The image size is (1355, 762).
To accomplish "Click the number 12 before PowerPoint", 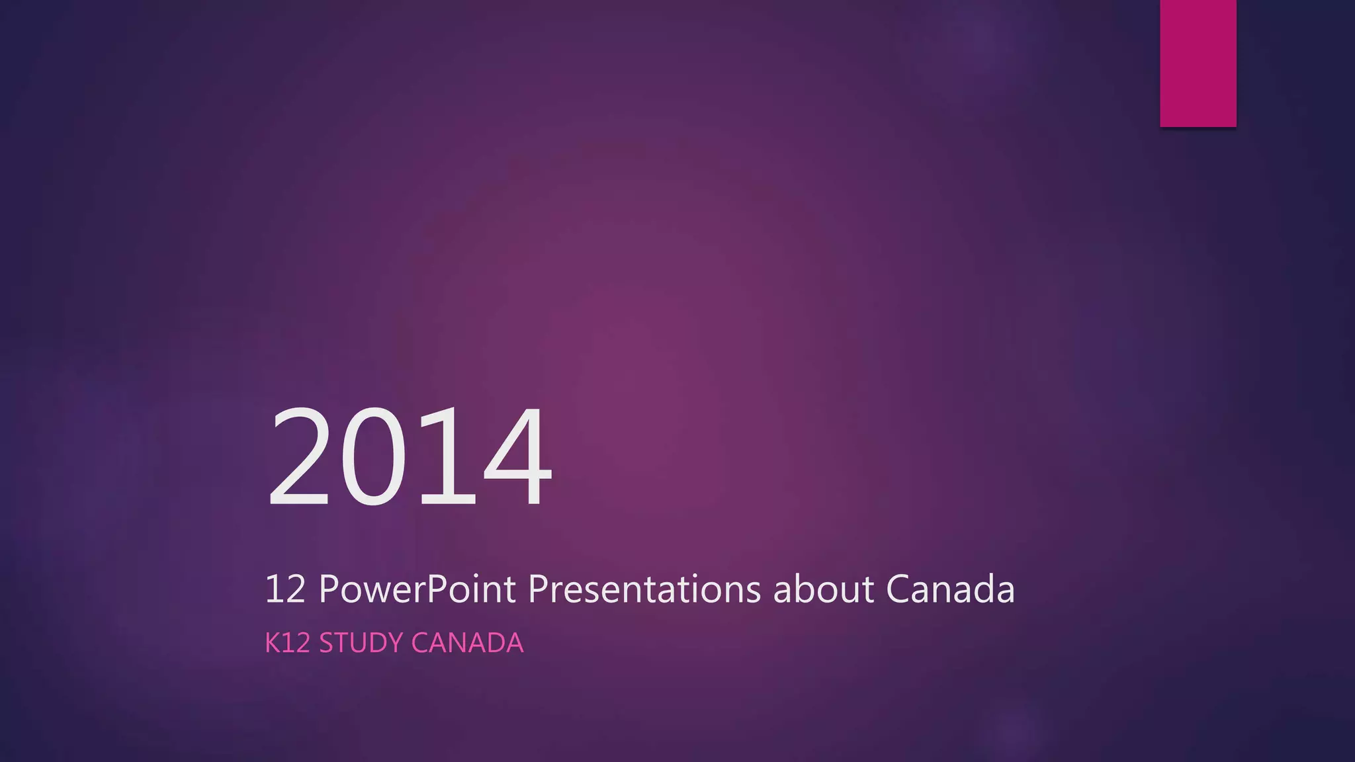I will point(284,589).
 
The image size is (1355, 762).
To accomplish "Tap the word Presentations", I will point(644,589).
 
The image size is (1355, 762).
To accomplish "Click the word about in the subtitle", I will point(823,589).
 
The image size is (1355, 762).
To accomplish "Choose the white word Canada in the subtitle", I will point(950,589).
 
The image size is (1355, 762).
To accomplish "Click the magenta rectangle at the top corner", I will point(1198,63).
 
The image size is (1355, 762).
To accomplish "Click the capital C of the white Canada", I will point(899,589).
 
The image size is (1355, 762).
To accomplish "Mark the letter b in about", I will point(802,589).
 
